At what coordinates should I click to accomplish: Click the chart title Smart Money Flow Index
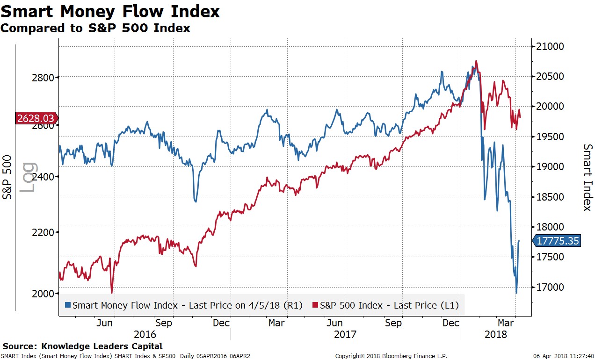point(110,11)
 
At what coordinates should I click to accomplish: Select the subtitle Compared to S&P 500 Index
point(95,28)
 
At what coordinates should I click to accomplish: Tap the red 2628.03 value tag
point(36,118)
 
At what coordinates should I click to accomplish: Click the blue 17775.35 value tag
point(558,241)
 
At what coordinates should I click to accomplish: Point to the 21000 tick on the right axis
point(550,46)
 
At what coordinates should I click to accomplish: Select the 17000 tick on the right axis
point(550,287)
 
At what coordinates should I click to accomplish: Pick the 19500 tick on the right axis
point(550,137)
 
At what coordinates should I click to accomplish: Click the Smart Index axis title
point(587,177)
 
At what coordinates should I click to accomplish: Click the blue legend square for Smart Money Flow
point(68,305)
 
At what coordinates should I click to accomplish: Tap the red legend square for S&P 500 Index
point(316,305)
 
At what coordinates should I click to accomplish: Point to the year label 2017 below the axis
point(345,335)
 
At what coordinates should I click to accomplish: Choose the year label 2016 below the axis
point(145,335)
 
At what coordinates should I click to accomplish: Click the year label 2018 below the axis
point(496,335)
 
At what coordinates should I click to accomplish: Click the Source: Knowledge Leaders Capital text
point(83,346)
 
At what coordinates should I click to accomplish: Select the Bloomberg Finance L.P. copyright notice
point(391,356)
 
